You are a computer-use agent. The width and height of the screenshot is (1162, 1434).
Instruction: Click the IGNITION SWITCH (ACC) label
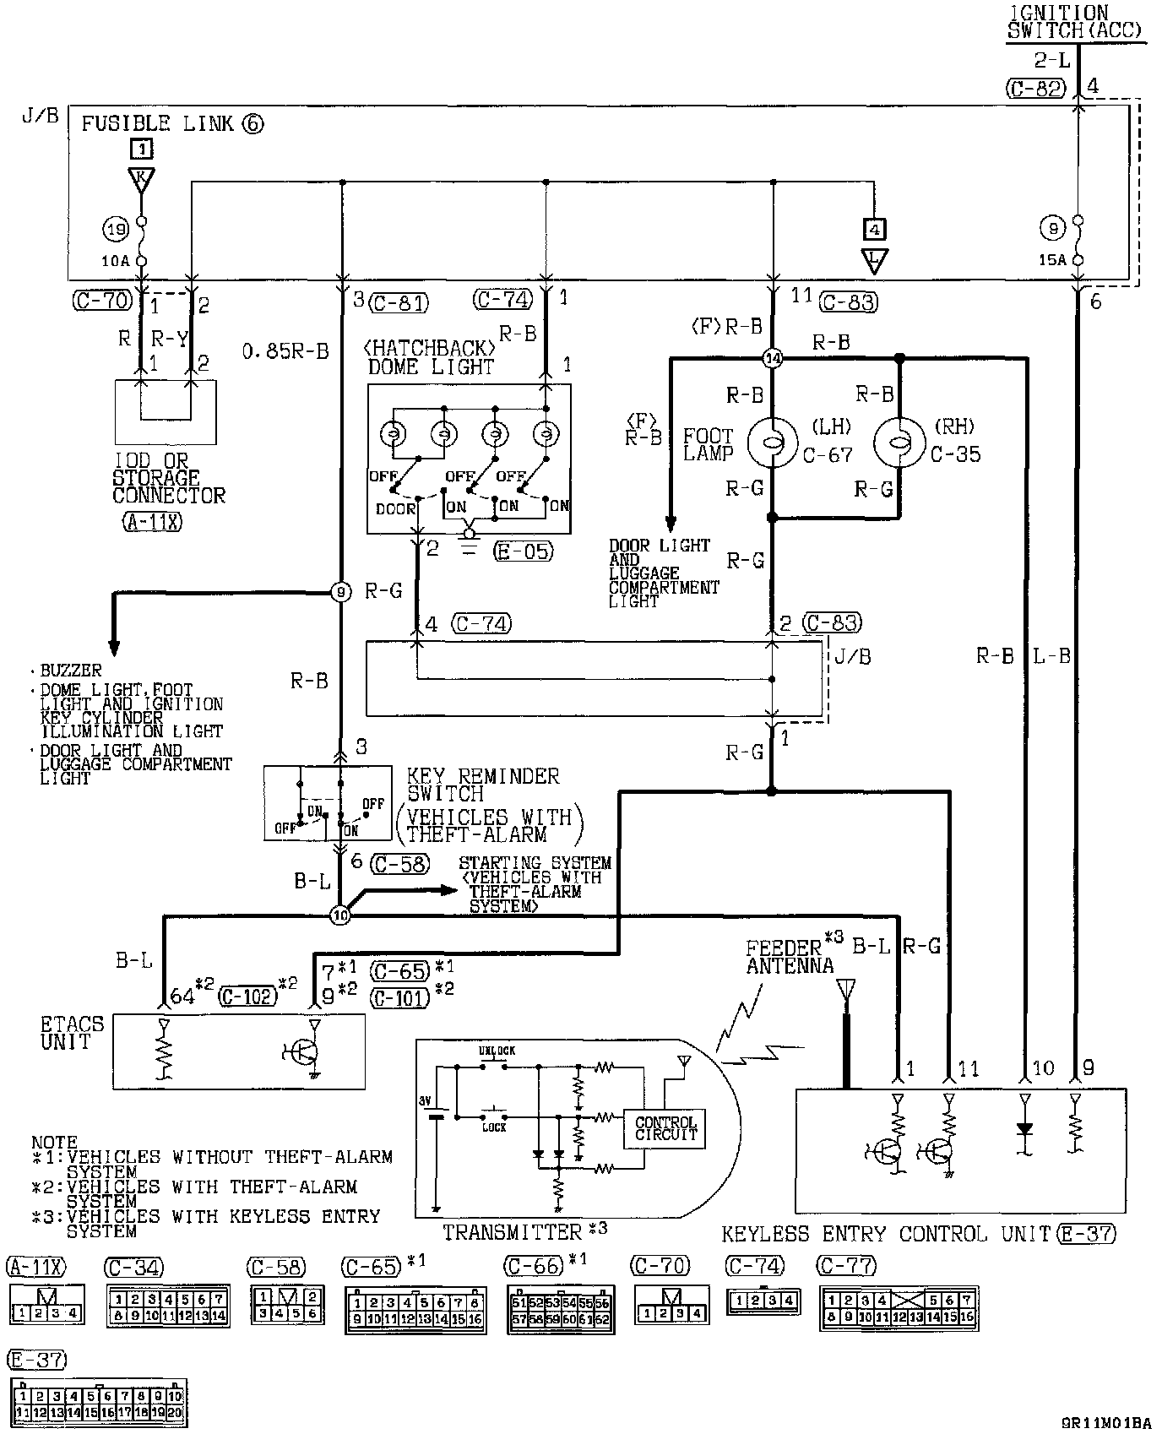(1075, 22)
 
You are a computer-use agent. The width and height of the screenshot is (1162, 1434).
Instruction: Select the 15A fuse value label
(1051, 260)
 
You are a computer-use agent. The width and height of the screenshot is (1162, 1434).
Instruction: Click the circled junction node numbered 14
(772, 359)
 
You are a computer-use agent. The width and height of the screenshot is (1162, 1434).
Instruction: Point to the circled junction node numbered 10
(339, 915)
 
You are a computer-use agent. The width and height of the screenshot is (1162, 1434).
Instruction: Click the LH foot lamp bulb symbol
(772, 442)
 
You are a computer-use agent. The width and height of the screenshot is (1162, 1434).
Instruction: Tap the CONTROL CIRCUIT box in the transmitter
(665, 1128)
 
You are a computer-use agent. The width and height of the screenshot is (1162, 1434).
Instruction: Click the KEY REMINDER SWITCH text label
(482, 785)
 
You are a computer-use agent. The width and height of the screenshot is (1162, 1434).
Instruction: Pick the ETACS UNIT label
(72, 1033)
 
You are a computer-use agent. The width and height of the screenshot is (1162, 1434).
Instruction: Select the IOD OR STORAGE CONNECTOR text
(168, 477)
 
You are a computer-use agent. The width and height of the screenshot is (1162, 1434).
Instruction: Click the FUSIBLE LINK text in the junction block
(157, 124)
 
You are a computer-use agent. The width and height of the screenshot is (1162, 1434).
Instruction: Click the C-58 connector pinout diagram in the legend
(287, 1305)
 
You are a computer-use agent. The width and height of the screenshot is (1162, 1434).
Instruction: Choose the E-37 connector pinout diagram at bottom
(97, 1404)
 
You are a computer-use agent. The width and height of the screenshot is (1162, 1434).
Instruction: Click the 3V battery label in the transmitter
(425, 1101)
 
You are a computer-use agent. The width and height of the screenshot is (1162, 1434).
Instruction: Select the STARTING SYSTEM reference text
(534, 883)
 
